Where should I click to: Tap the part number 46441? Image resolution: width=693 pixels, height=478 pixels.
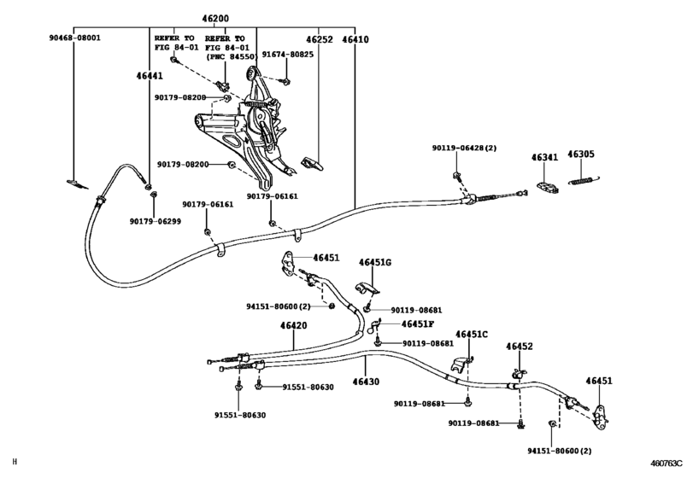[149, 76]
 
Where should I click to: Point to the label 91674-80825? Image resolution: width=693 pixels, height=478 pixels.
[287, 55]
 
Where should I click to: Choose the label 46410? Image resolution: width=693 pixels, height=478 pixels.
[355, 38]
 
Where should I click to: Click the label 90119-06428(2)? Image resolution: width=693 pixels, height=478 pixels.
[464, 149]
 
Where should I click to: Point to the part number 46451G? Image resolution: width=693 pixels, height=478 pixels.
[374, 262]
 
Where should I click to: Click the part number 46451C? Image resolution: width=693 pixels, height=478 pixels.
[472, 334]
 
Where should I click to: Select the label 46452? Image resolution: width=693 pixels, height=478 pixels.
[519, 347]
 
